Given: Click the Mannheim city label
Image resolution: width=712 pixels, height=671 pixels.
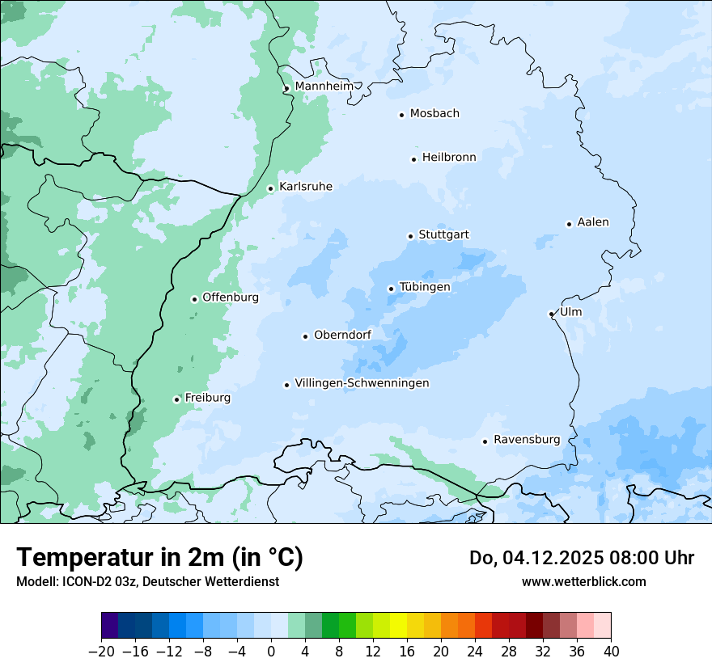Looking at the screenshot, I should [324, 87].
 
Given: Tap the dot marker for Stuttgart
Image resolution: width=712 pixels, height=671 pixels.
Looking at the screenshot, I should [411, 236].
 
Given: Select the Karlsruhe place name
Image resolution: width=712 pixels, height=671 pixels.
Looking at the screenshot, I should [305, 187].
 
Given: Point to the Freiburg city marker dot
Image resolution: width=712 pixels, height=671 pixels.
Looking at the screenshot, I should [176, 399].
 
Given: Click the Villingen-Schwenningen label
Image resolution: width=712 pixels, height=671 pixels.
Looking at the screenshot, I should [362, 383].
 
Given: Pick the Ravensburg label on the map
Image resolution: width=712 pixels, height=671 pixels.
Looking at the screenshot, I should [526, 440].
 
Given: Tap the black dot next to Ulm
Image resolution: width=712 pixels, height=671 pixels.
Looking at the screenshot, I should [551, 314].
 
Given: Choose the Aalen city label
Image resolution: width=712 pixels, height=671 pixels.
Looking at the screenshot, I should [593, 222].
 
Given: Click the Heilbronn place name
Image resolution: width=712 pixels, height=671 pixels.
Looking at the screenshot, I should [449, 158].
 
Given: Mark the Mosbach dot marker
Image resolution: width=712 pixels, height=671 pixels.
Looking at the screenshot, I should [401, 115].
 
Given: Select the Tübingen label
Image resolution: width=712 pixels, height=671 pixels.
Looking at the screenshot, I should [425, 287].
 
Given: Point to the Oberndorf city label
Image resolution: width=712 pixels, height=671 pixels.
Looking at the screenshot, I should [342, 335].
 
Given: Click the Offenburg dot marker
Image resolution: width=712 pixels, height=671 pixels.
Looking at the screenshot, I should [194, 299].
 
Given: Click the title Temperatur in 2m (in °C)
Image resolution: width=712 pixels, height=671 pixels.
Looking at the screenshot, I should [159, 558].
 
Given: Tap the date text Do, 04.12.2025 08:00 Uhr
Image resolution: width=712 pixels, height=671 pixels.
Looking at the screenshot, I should [582, 558].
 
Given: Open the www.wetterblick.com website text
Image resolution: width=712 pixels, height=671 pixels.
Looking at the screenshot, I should [583, 581].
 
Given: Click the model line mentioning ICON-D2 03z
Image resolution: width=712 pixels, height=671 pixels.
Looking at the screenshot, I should [147, 581].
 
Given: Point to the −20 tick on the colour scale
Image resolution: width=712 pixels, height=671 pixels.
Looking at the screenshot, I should [101, 652].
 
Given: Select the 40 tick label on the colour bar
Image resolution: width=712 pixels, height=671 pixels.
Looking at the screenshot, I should [611, 652].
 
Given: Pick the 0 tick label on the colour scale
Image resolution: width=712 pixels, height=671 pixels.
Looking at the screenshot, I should [271, 652].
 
